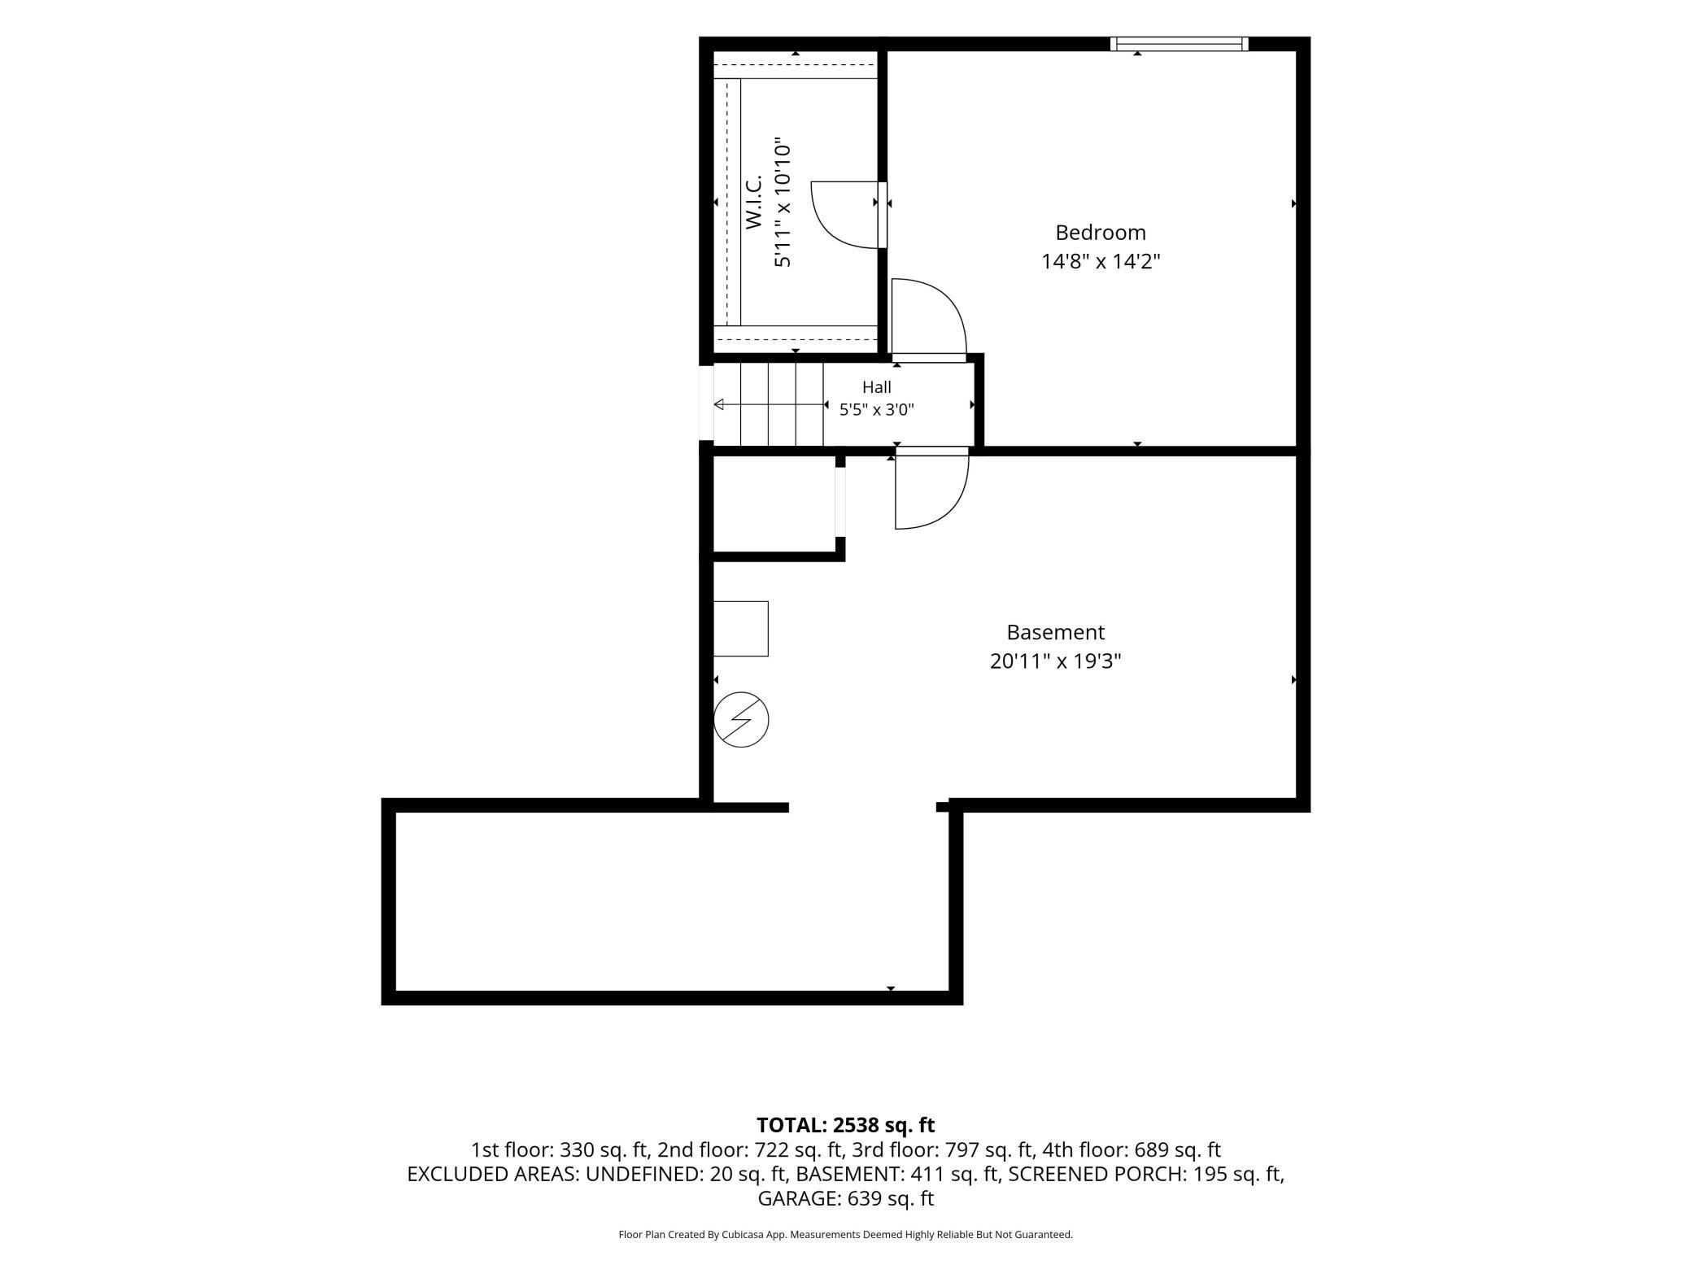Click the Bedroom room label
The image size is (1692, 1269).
[1101, 233]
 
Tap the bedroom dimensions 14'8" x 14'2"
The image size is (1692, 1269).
[1101, 262]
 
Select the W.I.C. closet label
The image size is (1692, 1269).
[753, 201]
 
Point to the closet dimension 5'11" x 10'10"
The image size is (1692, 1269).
[783, 201]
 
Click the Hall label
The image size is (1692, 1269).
[877, 387]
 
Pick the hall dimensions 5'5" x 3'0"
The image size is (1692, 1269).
[877, 410]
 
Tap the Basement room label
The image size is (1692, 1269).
[1056, 632]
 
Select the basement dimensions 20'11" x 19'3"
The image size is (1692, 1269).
[1056, 661]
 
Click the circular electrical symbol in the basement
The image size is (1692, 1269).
[741, 719]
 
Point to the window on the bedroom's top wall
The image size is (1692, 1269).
[1180, 44]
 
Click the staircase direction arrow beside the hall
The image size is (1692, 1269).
[769, 404]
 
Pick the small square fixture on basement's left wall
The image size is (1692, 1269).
[741, 629]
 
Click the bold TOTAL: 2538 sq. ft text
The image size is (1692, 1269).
[846, 1125]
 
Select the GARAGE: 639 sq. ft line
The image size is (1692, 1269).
[846, 1198]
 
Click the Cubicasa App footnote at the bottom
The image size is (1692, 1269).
[846, 1235]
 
